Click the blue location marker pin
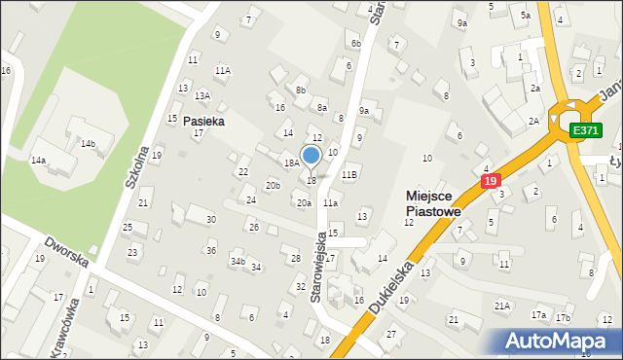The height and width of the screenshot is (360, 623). coord(311,157)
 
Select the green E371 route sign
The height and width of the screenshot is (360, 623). coord(585,130)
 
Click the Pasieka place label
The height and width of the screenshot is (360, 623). coord(203,122)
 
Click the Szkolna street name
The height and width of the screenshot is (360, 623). coord(137,169)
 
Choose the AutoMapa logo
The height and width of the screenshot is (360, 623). coord(559,341)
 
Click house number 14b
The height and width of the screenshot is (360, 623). coord(89,144)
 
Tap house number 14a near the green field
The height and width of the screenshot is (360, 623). coord(38,160)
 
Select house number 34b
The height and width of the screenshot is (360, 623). coord(237,262)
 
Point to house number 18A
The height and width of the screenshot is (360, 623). coord(291,162)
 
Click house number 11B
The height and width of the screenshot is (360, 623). coord(349,174)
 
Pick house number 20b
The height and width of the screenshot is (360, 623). coord(274,185)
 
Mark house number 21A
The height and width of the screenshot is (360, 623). coord(502,306)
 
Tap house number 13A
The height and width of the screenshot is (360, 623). coord(202,95)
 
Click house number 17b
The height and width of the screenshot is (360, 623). coord(563,317)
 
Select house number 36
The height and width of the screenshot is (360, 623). coord(211,251)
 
